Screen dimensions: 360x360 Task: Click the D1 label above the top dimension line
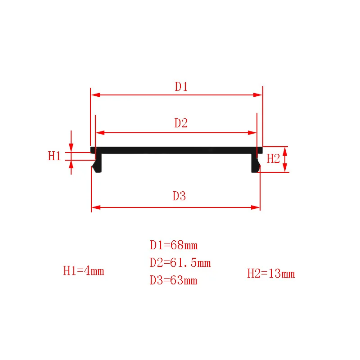181,86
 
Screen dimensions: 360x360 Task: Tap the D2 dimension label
181,123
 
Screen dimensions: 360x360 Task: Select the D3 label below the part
179,196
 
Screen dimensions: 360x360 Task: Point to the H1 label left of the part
54,156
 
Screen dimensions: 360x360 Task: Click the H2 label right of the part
273,159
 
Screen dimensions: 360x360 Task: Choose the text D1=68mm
174,245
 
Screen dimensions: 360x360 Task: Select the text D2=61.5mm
180,263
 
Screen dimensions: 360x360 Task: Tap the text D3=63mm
173,280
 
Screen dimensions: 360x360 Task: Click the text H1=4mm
84,271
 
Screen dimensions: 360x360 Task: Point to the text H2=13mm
271,274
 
